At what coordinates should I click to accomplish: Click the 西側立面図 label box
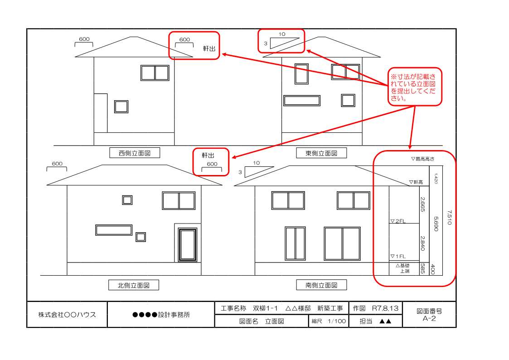pos(135,153)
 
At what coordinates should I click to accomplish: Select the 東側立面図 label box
pos(321,153)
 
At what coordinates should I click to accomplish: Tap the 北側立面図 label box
pos(133,285)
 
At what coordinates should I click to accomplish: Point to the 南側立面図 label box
pos(321,285)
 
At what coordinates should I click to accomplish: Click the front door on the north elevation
pos(188,245)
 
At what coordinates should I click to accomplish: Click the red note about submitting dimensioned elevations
pos(415,87)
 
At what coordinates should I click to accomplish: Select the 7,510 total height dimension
pos(449,217)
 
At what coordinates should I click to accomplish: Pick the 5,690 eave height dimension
pos(436,224)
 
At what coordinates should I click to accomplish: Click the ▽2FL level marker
pos(398,221)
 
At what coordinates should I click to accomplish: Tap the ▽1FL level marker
pos(398,256)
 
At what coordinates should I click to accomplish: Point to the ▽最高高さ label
pos(422,159)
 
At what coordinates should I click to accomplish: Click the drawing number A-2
pos(429,318)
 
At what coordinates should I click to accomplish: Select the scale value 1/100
pos(337,321)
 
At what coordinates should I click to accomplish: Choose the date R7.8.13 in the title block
pos(385,308)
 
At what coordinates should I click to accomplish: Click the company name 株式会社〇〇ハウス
pos(67,314)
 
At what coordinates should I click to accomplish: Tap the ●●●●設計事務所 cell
pos(161,315)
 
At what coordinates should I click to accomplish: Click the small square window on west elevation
pos(121,107)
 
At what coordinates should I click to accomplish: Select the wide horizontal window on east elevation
pos(302,101)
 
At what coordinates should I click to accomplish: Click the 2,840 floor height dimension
pos(422,243)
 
